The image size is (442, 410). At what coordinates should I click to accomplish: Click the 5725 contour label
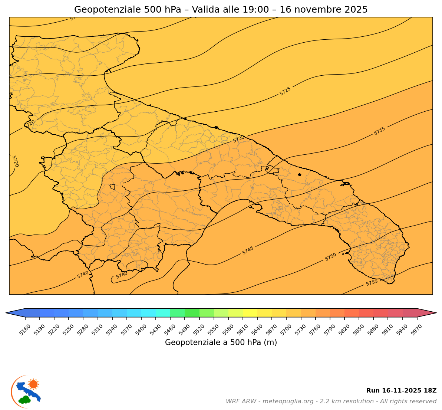[x=285, y=91]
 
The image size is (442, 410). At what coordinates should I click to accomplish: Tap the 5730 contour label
[x=239, y=139]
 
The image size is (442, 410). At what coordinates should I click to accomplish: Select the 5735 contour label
[x=379, y=131]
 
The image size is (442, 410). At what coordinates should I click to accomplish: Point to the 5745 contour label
[x=248, y=250]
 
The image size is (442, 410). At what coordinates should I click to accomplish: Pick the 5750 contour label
[x=331, y=257]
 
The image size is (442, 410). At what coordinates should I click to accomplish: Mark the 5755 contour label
[x=372, y=283]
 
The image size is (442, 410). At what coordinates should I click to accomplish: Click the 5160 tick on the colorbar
[x=25, y=318]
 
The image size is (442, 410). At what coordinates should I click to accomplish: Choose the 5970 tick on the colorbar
[x=417, y=318]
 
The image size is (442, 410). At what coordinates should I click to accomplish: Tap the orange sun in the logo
[x=33, y=384]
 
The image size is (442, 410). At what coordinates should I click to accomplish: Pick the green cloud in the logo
[x=25, y=400]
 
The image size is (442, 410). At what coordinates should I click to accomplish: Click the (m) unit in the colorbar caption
[x=270, y=342]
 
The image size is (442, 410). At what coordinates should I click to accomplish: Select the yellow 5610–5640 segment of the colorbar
[x=250, y=313]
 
